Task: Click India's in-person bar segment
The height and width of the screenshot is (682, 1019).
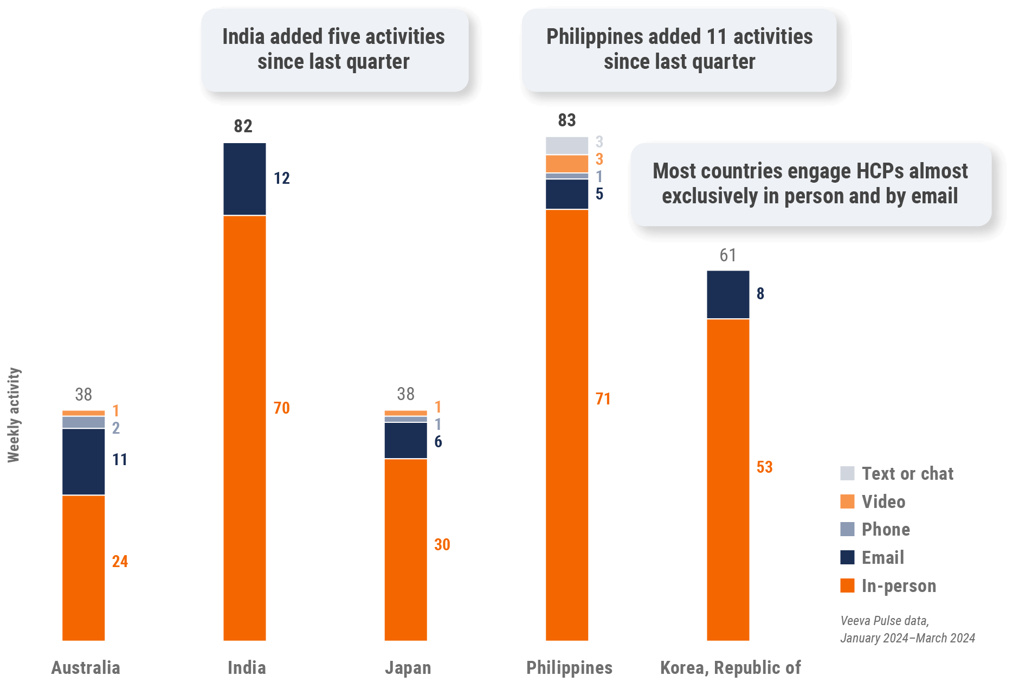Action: [244, 428]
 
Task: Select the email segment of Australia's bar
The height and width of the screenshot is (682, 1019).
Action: [83, 461]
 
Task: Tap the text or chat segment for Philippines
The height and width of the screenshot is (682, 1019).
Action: [566, 145]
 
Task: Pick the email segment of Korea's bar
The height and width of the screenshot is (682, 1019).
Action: [727, 294]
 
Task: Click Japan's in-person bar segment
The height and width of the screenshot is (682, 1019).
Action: [405, 549]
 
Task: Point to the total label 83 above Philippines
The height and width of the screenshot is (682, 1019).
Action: [566, 120]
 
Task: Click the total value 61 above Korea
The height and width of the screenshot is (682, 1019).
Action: [727, 255]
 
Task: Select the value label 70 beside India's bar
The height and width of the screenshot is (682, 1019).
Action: [281, 408]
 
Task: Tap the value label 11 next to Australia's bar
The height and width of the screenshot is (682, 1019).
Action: [119, 460]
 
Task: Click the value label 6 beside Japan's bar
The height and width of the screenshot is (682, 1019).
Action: [438, 442]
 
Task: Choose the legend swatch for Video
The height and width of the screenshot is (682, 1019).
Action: [847, 501]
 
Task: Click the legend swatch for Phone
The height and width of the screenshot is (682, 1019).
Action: [847, 529]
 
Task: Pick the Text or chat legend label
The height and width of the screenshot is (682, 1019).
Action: [907, 474]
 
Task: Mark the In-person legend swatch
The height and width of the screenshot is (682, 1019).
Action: [847, 586]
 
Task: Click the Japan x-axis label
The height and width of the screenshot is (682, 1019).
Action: [408, 668]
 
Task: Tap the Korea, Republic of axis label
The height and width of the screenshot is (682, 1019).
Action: [730, 668]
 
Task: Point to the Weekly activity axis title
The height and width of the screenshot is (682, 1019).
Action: [14, 415]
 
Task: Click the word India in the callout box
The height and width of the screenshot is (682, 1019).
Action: [243, 37]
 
